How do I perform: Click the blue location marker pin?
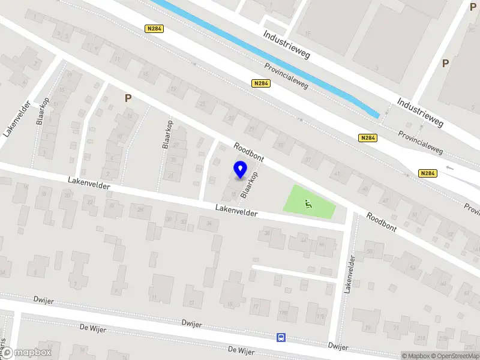(241, 170)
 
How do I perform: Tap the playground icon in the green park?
(308, 204)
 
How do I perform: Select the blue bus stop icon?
(281, 337)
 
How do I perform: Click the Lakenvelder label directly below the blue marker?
(237, 211)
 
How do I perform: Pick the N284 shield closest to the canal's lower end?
(368, 138)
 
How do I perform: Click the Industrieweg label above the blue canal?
(286, 44)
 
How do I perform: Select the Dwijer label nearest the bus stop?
(338, 346)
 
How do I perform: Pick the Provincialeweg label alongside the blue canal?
(287, 76)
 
